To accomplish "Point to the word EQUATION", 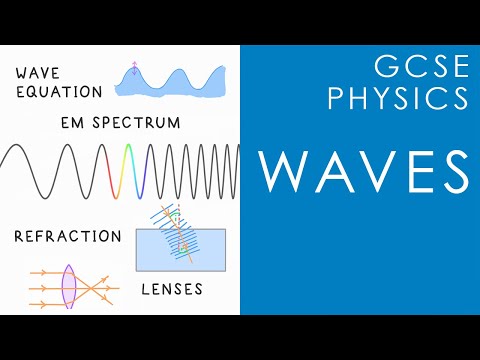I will (x=59, y=92).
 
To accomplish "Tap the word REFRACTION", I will (x=68, y=237).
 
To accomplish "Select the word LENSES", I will (x=170, y=290).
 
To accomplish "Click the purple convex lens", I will (x=68, y=283).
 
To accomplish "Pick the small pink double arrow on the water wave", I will (x=134, y=69).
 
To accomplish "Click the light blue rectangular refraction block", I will (x=180, y=250).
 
